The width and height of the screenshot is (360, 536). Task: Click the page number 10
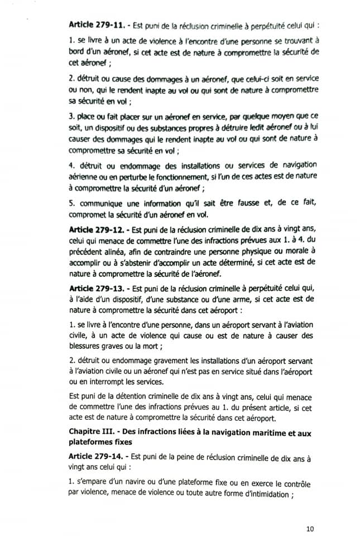(x=311, y=526)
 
